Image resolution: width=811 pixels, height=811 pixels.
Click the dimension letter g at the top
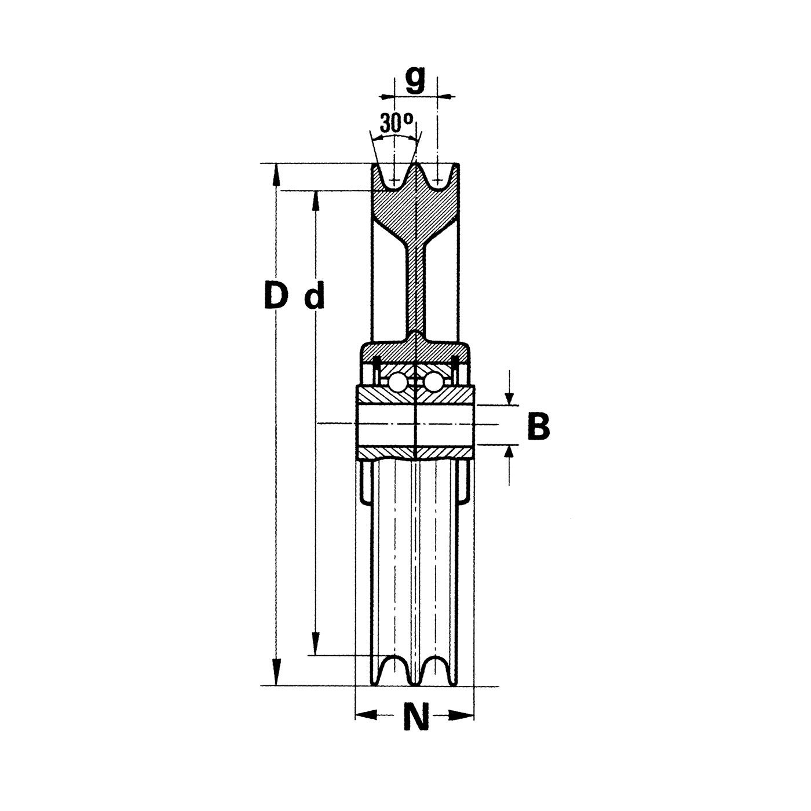415,81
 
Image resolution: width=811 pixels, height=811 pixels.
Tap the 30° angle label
396,122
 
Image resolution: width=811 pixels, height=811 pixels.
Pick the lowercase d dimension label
315,295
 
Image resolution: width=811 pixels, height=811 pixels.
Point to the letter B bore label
539,427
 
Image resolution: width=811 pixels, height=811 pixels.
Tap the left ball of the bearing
396,382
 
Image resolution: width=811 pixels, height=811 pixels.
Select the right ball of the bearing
433,382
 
